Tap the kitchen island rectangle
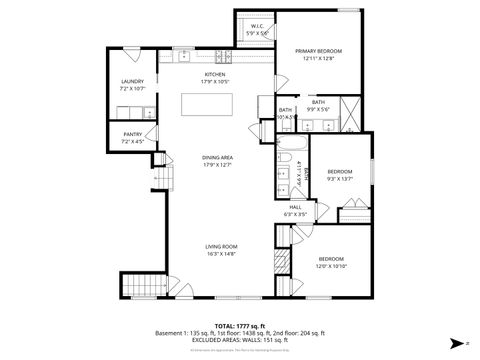211,105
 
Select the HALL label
296,207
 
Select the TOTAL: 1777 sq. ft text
240,325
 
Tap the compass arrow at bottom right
457,341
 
